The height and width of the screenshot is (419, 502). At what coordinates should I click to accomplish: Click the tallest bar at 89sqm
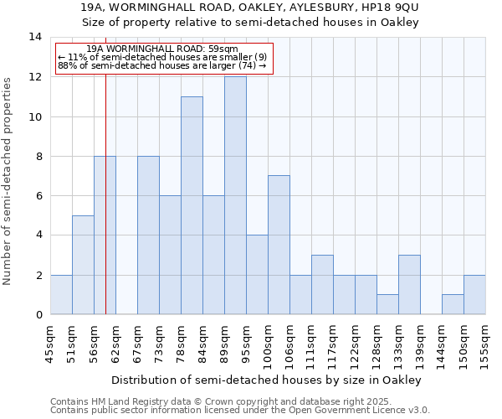point(235,195)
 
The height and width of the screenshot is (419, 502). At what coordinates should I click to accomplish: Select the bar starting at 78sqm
point(192,205)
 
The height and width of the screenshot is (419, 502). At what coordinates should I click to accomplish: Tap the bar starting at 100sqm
point(279,245)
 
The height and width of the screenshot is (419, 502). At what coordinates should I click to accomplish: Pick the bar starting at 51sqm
point(83,265)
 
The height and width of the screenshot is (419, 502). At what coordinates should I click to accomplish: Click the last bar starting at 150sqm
point(474,294)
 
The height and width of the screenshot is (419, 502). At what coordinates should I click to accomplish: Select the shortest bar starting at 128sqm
point(387,304)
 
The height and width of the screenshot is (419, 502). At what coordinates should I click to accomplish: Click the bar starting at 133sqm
point(409,284)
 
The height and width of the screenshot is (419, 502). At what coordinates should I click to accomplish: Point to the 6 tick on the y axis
point(39,196)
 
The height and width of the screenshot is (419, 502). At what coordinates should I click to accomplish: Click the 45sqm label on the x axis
point(50,342)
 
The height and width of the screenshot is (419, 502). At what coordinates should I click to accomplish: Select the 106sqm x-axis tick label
point(289,342)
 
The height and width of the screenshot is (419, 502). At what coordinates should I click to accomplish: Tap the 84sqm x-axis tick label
point(202,342)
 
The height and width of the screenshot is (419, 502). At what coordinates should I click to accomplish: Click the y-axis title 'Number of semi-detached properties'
point(9,180)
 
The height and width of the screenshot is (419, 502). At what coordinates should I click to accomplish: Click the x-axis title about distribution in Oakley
point(265,380)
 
